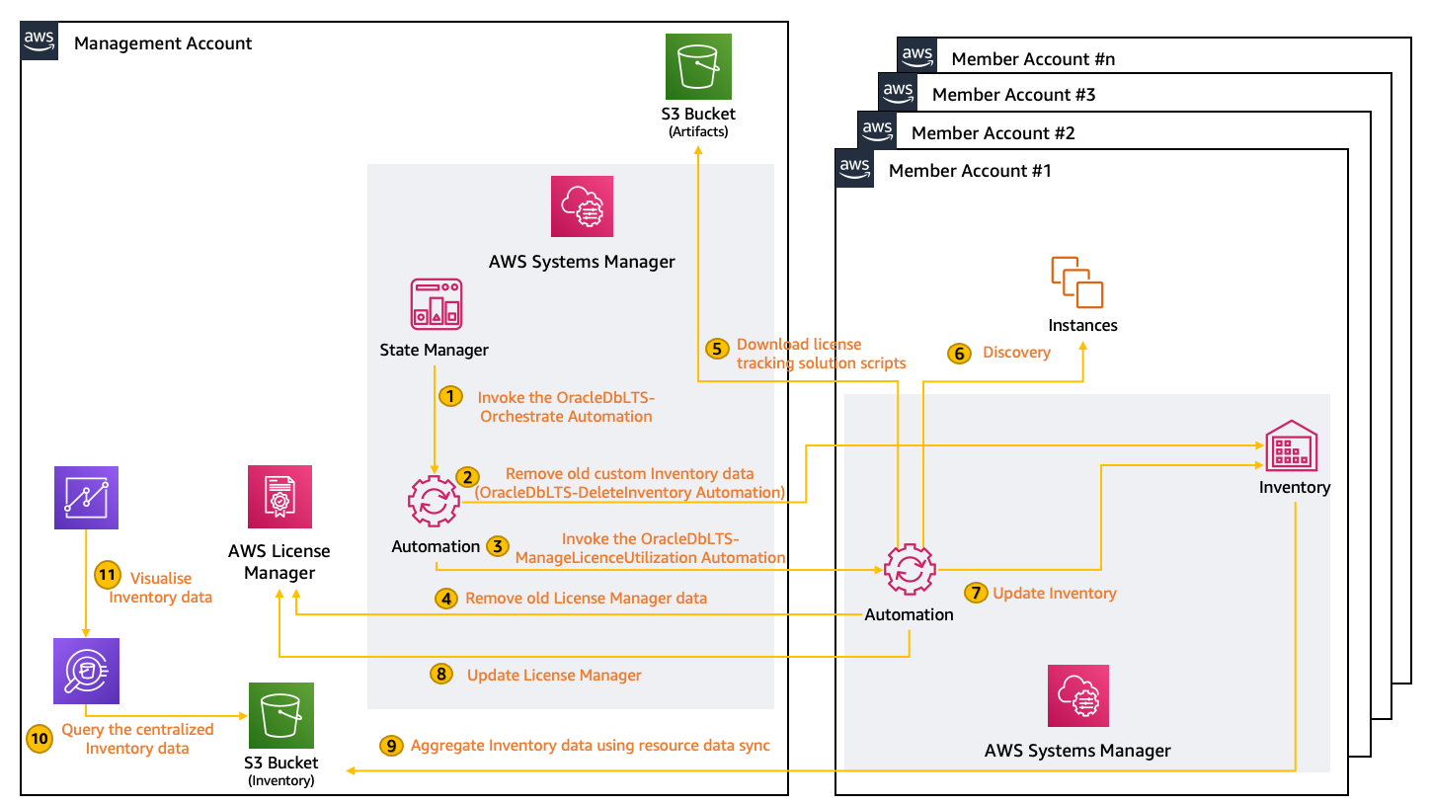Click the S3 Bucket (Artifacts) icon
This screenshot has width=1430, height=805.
point(698,65)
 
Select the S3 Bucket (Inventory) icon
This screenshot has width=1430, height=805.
point(281,714)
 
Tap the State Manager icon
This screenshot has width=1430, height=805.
point(436,303)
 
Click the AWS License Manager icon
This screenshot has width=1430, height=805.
point(280,497)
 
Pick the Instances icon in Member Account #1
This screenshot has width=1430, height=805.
point(1077,282)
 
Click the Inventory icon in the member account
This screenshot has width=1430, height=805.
point(1290,446)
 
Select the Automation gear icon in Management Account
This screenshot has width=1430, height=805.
point(434,501)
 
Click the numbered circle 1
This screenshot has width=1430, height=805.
point(449,396)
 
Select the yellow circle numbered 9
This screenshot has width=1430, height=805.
point(391,745)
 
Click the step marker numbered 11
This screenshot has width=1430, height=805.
point(107,575)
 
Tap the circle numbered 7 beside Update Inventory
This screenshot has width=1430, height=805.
point(976,593)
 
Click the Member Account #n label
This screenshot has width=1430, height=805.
point(1033,59)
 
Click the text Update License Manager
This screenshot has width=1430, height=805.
point(554,676)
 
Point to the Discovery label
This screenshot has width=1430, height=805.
point(1016,353)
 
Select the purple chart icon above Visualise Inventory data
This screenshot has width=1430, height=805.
point(86,493)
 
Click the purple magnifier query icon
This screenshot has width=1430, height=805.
point(86,671)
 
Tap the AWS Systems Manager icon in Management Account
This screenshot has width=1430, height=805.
point(582,206)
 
